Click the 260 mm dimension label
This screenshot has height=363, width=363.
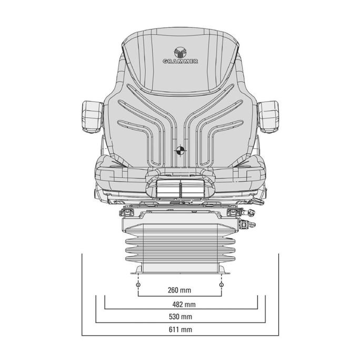[179, 290]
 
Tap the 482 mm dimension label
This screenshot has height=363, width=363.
[184, 305]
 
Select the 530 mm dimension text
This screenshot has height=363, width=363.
[180, 317]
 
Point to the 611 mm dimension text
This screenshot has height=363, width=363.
[180, 329]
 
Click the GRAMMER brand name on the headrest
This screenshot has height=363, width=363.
[180, 62]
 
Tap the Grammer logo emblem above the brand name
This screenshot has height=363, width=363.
[180, 52]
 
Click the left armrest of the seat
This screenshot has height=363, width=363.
[93, 117]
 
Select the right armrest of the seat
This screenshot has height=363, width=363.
[268, 117]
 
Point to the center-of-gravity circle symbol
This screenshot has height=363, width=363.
[180, 150]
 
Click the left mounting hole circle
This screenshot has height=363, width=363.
[138, 285]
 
